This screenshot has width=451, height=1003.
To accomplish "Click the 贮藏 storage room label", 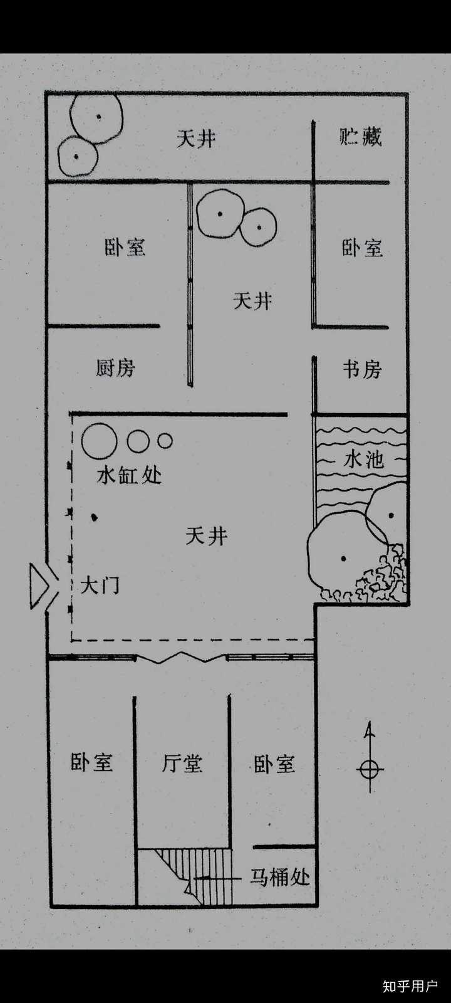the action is (360, 137).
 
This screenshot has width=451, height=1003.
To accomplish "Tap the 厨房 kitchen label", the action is (115, 367).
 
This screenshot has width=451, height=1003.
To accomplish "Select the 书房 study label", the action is (362, 369).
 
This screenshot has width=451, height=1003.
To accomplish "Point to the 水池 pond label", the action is (363, 459).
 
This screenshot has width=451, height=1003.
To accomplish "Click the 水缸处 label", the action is (129, 475).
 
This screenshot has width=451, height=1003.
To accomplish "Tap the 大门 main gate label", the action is (100, 586).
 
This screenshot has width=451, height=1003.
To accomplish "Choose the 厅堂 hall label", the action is (182, 763).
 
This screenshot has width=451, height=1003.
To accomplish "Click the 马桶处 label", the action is (280, 876).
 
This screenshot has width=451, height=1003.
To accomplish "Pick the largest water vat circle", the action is (99, 441).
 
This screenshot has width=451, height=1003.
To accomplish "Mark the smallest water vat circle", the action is (165, 441).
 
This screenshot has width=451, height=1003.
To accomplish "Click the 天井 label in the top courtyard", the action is (196, 138).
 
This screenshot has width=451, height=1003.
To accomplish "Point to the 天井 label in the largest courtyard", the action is (206, 536).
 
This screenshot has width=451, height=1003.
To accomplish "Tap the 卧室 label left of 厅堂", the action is (91, 762).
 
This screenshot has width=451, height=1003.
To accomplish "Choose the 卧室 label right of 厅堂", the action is (274, 764).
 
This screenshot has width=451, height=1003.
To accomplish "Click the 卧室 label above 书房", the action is (362, 248).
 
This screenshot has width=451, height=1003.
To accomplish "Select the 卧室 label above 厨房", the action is (125, 246).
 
